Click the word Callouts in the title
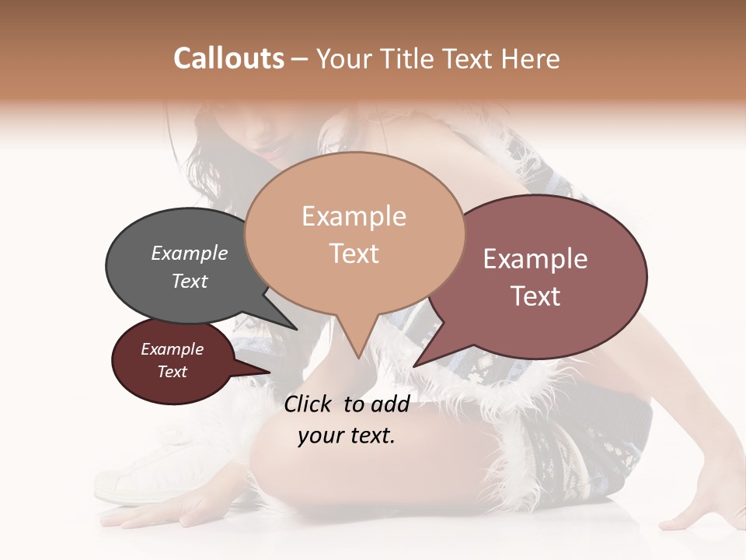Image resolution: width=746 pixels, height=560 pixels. (x=228, y=58)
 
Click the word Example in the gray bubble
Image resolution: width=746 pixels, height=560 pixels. (x=190, y=254)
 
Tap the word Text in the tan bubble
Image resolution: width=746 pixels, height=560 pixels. (x=354, y=254)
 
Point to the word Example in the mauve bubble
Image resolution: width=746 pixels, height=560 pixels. (x=535, y=259)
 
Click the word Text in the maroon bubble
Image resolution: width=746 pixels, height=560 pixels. (x=173, y=372)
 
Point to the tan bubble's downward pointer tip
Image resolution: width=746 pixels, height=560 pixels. (x=358, y=357)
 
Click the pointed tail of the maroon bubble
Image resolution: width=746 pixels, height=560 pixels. (x=269, y=373)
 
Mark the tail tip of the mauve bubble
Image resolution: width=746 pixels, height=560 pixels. (x=415, y=366)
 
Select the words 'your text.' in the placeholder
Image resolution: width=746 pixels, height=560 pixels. (x=347, y=436)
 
